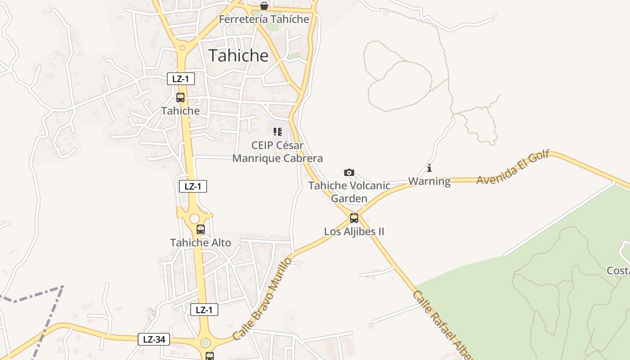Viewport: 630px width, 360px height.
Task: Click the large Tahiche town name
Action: [x=238, y=55]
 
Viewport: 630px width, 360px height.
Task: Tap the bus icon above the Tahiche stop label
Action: [x=180, y=97]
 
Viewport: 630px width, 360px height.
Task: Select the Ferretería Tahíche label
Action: [x=264, y=19]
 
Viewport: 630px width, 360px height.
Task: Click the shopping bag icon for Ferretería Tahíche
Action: [x=264, y=6]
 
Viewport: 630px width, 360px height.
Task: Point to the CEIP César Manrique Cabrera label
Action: [x=277, y=152]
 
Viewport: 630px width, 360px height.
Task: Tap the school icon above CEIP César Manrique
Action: [x=277, y=132]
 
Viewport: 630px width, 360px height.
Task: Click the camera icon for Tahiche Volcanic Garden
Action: [x=349, y=172]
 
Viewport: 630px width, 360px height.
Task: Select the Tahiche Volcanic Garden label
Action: [x=349, y=192]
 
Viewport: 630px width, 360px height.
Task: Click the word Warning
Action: [x=429, y=181]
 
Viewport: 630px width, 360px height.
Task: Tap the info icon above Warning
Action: [x=429, y=168]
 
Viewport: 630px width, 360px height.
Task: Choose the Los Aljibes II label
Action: [x=354, y=232]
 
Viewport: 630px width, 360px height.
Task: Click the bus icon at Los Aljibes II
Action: [x=354, y=218]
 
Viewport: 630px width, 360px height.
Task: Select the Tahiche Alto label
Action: [x=201, y=243]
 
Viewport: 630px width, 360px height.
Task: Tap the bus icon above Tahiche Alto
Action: [x=201, y=229]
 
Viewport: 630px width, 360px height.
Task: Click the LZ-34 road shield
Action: [x=154, y=339]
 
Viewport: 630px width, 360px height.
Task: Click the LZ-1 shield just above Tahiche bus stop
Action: [x=181, y=79]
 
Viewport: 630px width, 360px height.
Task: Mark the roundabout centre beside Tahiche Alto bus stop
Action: [x=194, y=219]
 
